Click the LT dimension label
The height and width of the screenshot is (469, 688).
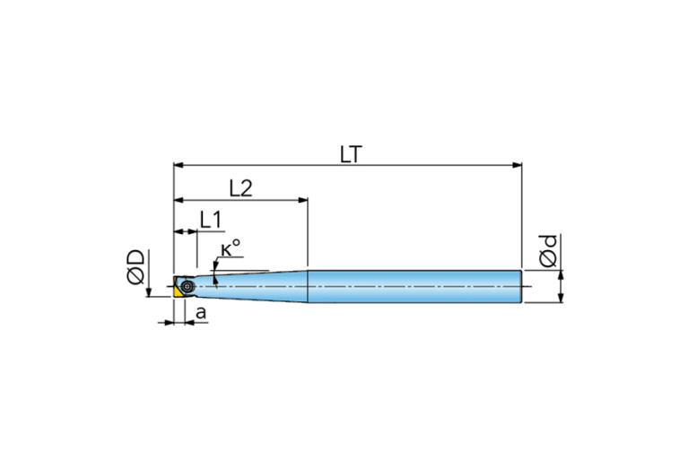(351, 154)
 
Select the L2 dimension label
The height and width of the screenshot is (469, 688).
(241, 188)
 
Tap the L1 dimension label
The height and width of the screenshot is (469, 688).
(211, 220)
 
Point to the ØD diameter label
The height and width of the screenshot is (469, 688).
(135, 266)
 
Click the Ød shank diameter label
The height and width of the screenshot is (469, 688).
(548, 251)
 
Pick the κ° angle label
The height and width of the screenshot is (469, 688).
(231, 248)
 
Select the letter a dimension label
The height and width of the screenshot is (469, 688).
(201, 313)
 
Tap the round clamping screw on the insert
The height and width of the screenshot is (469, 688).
(187, 286)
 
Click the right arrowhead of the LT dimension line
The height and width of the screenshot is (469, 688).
(518, 165)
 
